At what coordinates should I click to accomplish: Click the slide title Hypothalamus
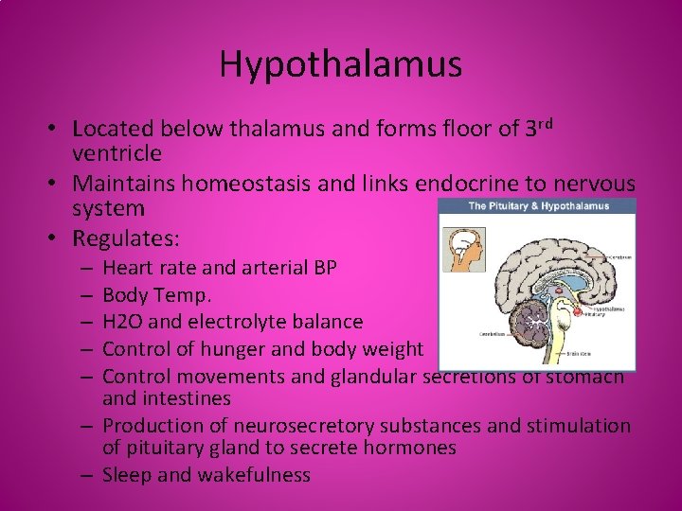click(341, 64)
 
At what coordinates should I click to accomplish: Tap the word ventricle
click(117, 152)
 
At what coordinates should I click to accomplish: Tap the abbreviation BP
click(324, 268)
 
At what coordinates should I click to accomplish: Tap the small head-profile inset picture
click(465, 245)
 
